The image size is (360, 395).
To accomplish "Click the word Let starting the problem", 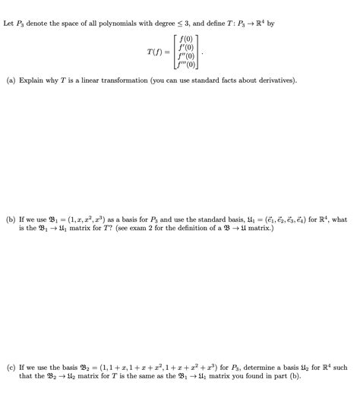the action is (9, 24).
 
